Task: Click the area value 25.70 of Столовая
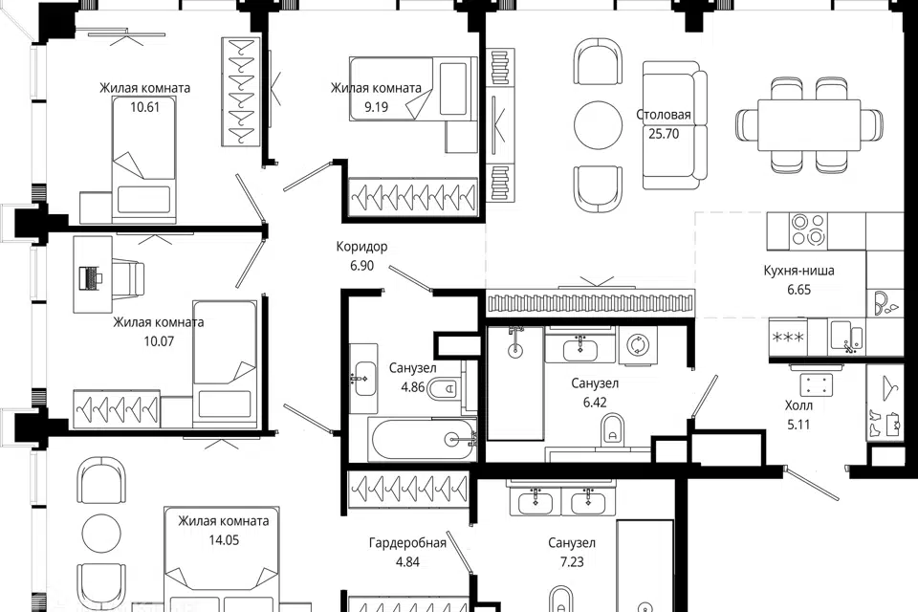coord(664,134)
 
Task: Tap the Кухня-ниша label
coord(798,271)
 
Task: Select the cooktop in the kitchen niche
coord(808,229)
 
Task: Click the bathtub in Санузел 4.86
coord(423,439)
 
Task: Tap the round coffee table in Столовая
coord(598,125)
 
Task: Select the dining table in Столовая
coord(809,125)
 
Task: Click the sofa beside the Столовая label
coord(674,125)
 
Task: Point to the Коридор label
coord(361,247)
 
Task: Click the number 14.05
coord(224,539)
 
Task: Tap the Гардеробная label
coord(407,543)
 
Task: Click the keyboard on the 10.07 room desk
coord(90,277)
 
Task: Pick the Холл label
coord(798,405)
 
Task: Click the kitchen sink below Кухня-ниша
coord(847,337)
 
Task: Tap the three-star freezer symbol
coord(788,338)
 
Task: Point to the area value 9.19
coord(376,106)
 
